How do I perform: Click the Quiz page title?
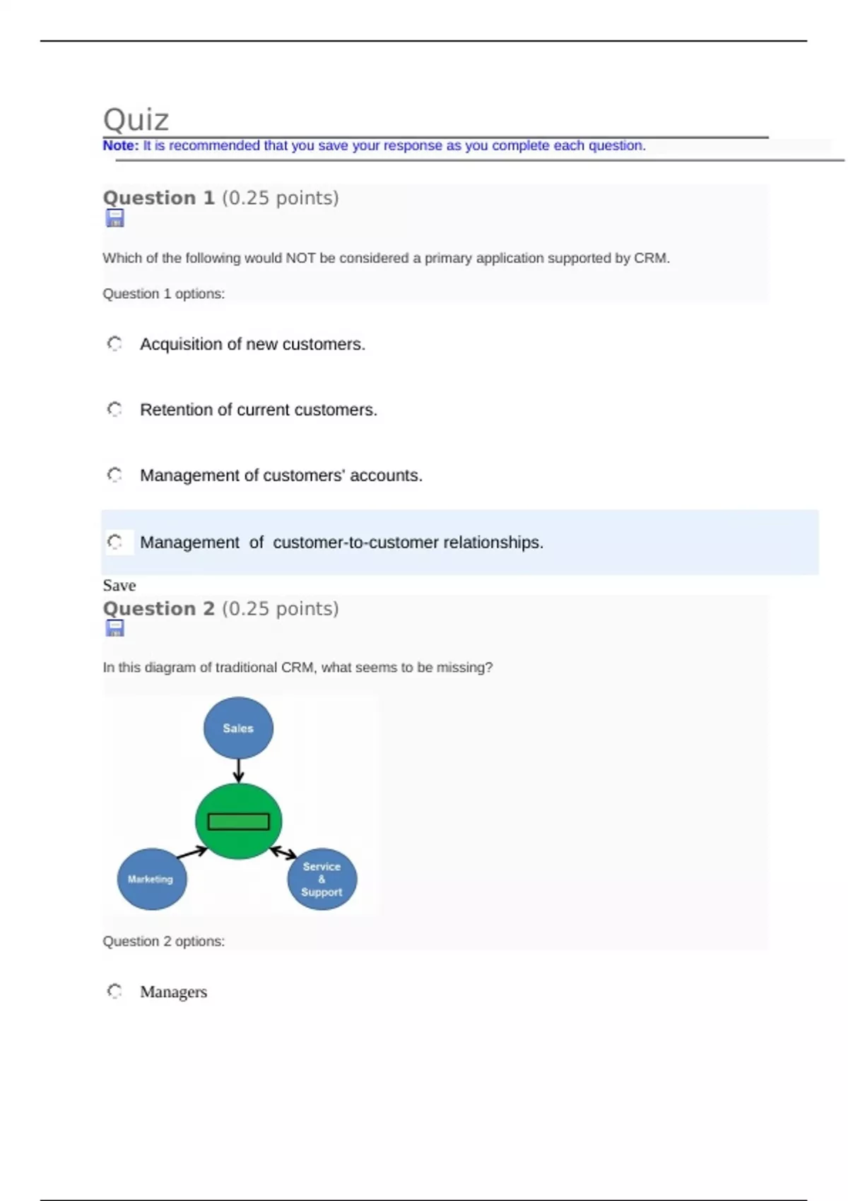point(136,120)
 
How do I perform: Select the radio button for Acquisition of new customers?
point(114,344)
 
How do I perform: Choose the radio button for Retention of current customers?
point(114,410)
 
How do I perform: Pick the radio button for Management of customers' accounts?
point(114,475)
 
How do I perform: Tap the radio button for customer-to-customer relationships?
point(114,542)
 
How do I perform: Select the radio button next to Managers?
point(114,991)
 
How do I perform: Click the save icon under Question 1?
point(114,218)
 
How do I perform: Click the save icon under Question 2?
point(114,628)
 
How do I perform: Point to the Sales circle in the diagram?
point(238,728)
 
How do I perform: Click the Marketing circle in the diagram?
point(151,879)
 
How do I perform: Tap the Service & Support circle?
point(322,879)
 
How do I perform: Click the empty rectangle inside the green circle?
point(238,822)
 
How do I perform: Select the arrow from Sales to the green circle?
point(238,771)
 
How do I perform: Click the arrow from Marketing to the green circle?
point(192,853)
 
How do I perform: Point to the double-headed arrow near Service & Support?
point(283,853)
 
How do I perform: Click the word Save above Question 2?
point(119,586)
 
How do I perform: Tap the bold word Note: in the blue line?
point(120,146)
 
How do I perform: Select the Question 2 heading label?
point(159,608)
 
